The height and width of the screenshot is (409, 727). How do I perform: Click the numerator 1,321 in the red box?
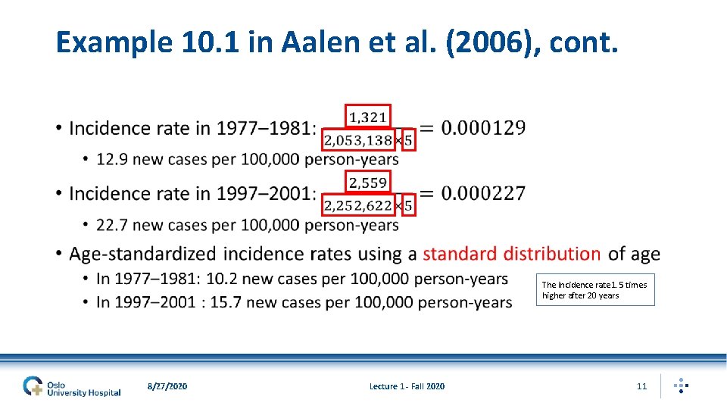tap(368, 117)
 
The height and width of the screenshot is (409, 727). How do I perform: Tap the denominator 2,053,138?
tap(358, 140)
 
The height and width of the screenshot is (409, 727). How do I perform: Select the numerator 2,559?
tap(368, 182)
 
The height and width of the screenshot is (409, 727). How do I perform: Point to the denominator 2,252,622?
tap(358, 205)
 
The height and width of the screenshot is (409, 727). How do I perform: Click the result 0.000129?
tap(483, 127)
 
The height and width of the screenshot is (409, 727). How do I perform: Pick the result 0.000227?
tap(483, 193)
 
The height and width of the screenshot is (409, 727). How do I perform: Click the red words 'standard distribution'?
tap(512, 254)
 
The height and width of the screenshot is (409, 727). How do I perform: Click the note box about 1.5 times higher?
tap(595, 290)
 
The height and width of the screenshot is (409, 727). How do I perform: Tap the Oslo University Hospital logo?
tap(71, 386)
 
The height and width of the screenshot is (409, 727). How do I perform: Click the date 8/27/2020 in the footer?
tap(167, 386)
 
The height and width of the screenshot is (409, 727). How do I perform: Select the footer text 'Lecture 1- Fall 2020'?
tap(407, 386)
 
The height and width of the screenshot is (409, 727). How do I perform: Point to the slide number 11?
tap(641, 386)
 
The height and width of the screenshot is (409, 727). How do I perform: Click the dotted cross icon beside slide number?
tap(681, 386)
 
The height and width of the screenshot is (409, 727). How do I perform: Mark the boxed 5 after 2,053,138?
tap(409, 140)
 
